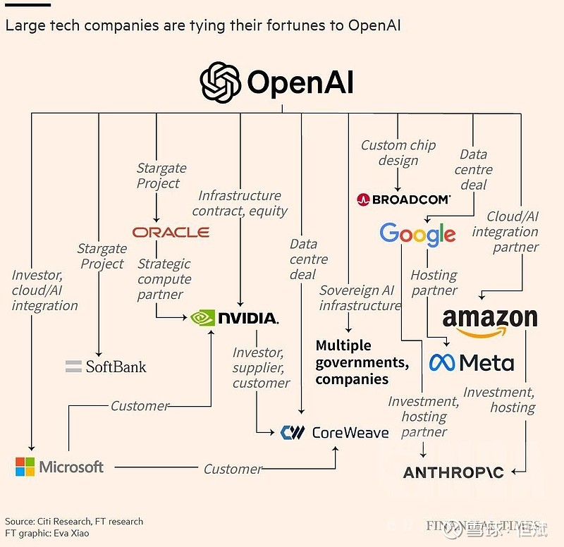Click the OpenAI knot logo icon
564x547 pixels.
pyautogui.click(x=221, y=82)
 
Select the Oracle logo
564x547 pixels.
pyautogui.click(x=171, y=232)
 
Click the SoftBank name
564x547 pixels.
pyautogui.click(x=116, y=367)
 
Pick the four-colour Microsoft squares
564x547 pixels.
pyautogui.click(x=25, y=467)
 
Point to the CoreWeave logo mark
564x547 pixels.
pyautogui.click(x=292, y=432)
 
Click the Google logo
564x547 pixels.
pyautogui.click(x=417, y=233)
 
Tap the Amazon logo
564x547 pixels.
pyautogui.click(x=490, y=321)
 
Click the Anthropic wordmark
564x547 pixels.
pyautogui.click(x=453, y=472)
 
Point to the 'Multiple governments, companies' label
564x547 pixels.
pyautogui.click(x=362, y=362)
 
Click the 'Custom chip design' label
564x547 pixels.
pyautogui.click(x=398, y=153)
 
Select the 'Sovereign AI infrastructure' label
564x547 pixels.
pyautogui.click(x=359, y=298)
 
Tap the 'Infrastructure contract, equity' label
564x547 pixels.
pyautogui.click(x=240, y=203)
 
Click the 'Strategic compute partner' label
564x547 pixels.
pyautogui.click(x=164, y=279)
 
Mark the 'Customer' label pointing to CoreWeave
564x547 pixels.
pyautogui.click(x=233, y=469)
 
